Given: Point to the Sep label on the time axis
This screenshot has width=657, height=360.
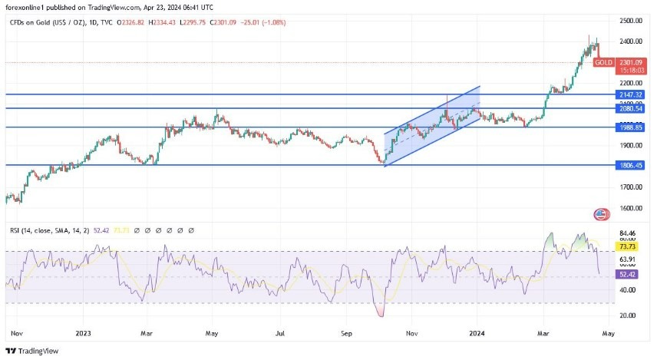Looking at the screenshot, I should (346, 335).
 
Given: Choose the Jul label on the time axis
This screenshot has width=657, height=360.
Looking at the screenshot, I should (280, 335).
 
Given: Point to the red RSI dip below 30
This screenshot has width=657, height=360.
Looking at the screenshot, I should (380, 310).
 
